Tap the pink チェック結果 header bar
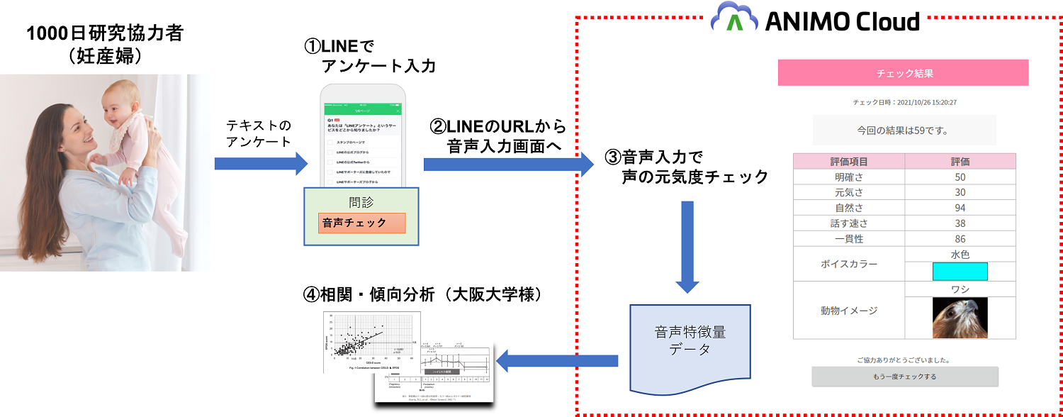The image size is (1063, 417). [903, 73]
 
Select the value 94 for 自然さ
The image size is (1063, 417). [960, 208]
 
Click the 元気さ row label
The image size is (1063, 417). [849, 192]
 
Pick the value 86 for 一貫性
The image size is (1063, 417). [960, 239]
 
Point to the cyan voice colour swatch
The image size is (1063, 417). [960, 272]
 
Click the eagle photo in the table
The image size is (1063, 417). [960, 317]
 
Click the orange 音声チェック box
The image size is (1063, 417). [362, 223]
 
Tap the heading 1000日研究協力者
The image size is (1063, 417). [106, 33]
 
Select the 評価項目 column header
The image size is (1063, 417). [849, 161]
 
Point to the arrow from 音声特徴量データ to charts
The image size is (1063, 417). [556, 360]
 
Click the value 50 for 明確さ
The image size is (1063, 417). [960, 177]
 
